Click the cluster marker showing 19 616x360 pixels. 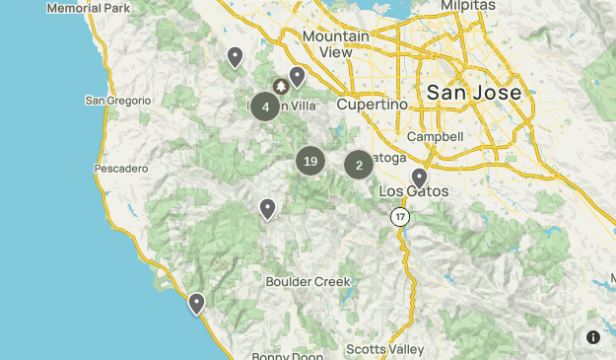point(310,162)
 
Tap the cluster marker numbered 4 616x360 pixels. point(265,107)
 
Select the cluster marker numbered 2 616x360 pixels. point(359,165)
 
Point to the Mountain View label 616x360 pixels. point(335,43)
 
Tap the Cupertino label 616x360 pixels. point(372,104)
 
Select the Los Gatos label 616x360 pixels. point(414,190)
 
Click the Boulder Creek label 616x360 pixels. point(308,281)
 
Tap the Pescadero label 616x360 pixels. point(120,168)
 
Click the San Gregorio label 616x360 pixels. point(117,100)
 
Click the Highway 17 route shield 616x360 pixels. point(398,216)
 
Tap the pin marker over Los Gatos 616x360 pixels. point(419,178)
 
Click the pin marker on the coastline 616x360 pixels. point(197,303)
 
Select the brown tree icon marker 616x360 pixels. point(280,87)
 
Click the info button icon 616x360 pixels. point(593,337)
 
